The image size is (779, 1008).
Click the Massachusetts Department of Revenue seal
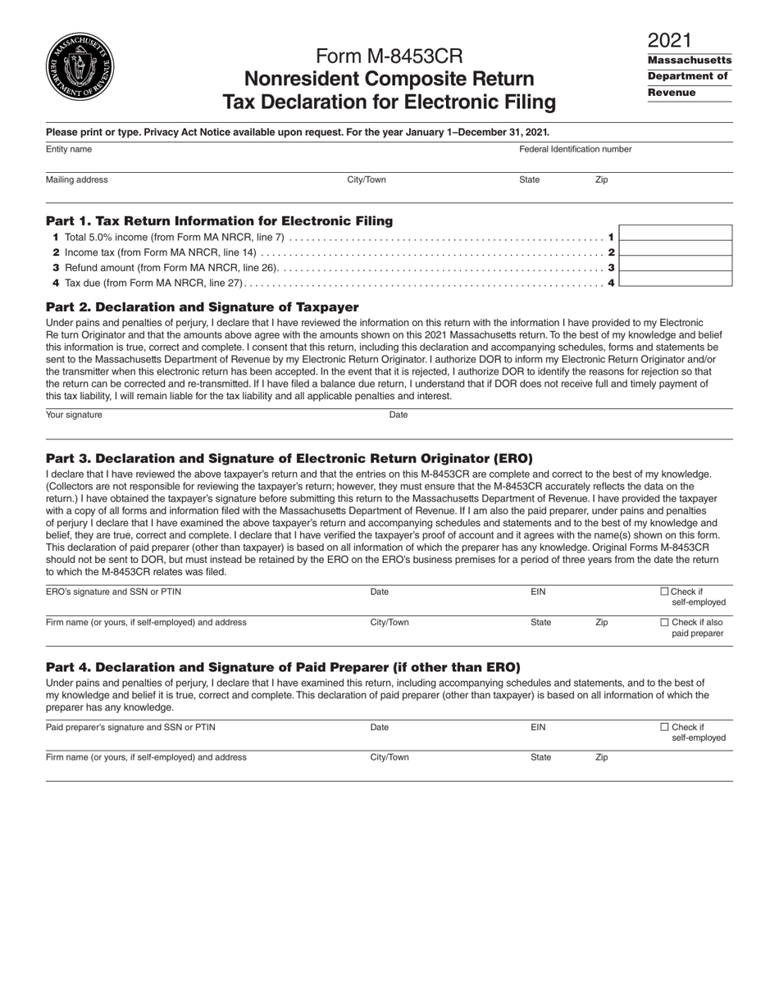[80, 68]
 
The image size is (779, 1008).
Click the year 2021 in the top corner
[669, 40]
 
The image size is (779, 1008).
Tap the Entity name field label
[69, 149]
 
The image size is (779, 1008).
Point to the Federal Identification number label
[575, 149]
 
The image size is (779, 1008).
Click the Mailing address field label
[76, 179]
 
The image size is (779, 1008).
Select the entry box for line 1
[675, 233]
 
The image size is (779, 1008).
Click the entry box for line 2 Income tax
[675, 248]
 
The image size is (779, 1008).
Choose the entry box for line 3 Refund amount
[675, 264]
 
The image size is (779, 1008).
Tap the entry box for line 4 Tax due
[675, 279]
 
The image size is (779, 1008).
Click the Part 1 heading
[219, 221]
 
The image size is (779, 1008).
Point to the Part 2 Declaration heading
[202, 307]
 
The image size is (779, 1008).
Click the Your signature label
[74, 415]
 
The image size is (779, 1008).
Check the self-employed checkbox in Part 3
[665, 592]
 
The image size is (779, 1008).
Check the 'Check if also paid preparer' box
[665, 622]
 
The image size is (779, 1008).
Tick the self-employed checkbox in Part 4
[665, 727]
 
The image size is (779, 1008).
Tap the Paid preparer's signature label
[130, 727]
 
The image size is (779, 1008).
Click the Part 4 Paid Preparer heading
[283, 667]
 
